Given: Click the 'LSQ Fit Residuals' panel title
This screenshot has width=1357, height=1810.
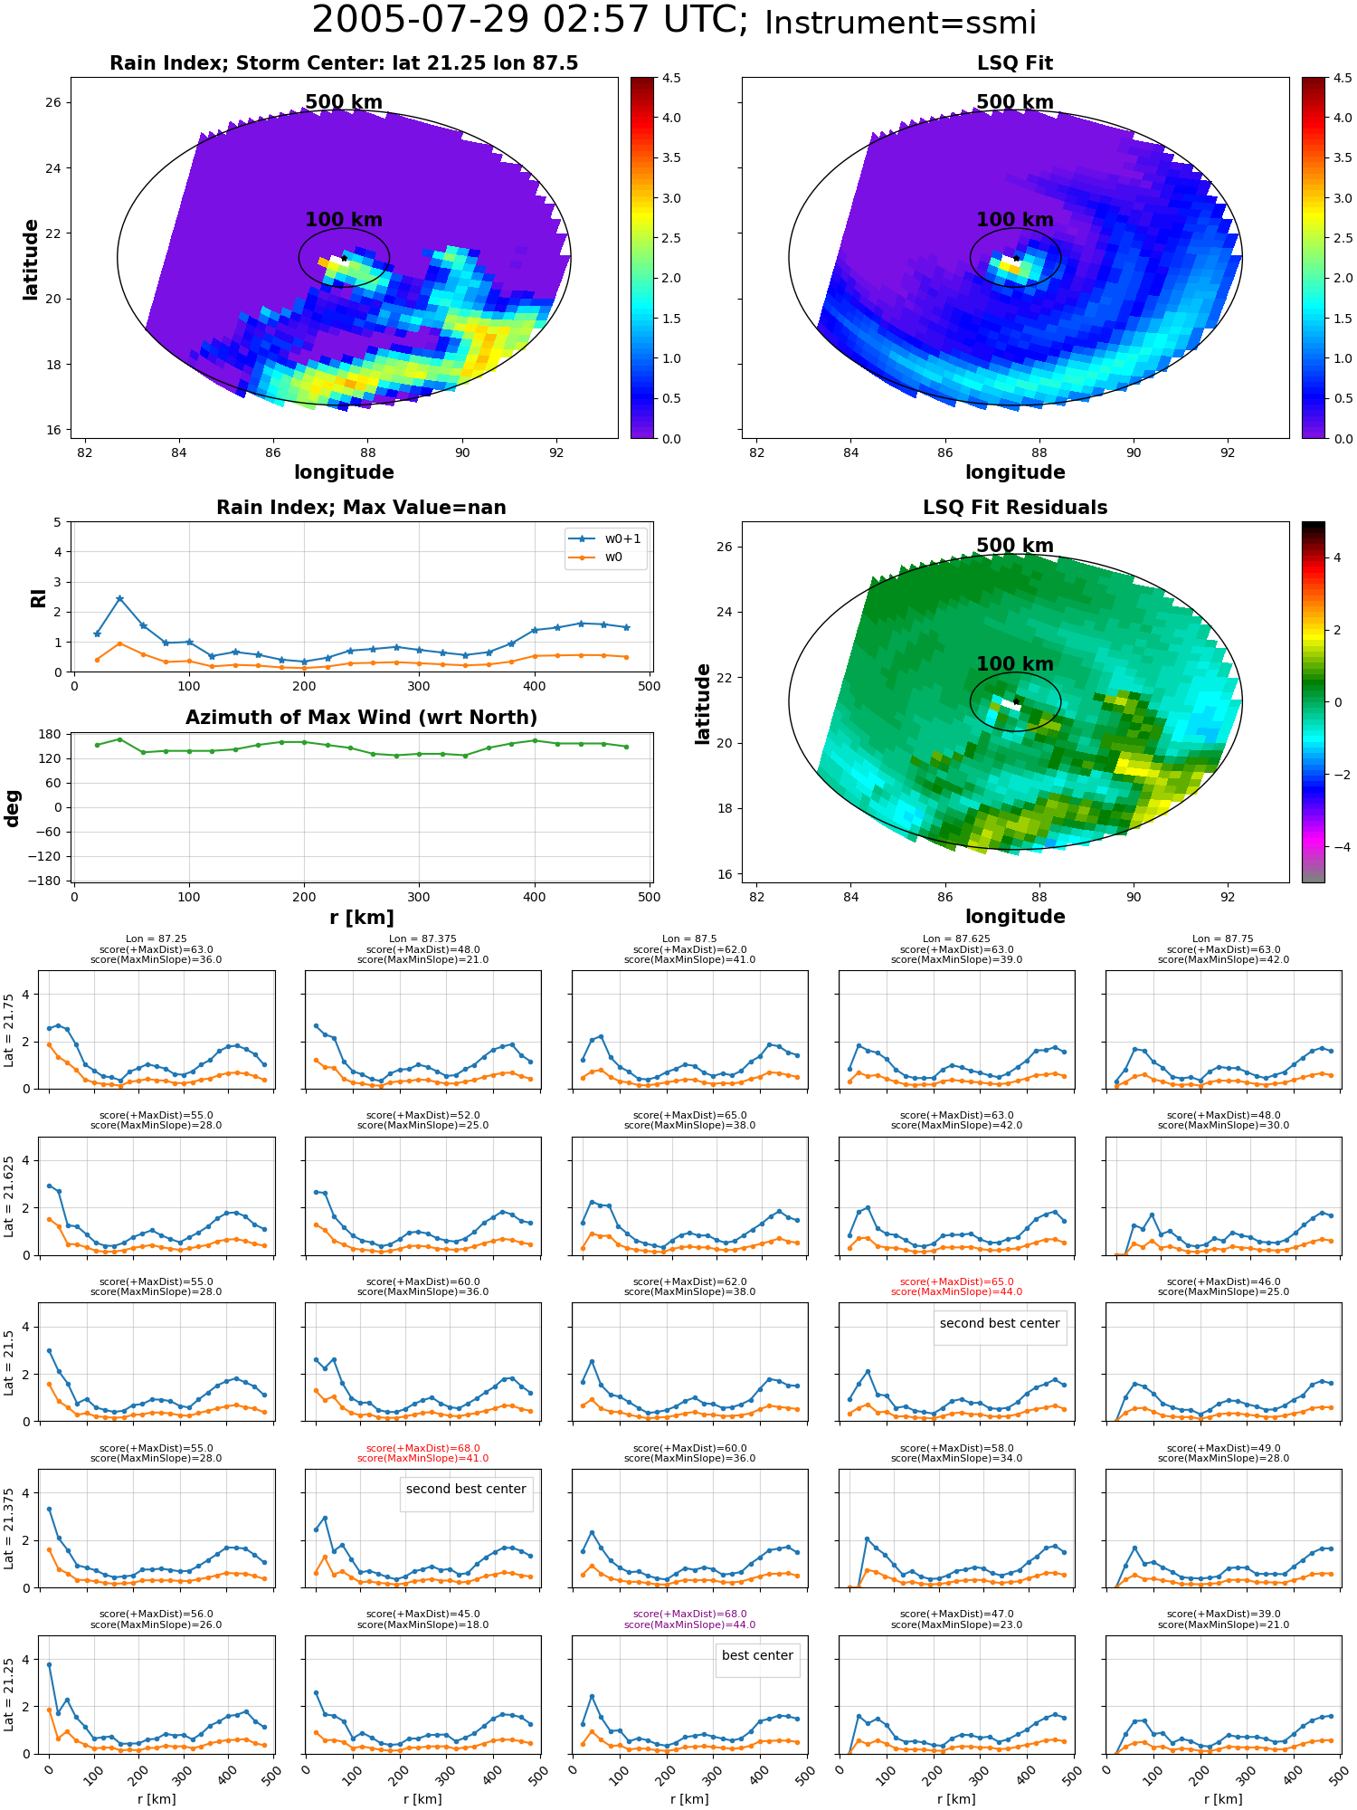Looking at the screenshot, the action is [x=1015, y=508].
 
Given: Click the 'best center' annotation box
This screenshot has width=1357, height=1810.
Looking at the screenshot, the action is [x=757, y=1655].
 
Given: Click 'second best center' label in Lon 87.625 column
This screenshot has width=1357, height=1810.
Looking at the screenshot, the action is [x=1000, y=1323].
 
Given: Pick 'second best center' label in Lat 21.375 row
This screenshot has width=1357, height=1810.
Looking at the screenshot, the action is [x=466, y=1489].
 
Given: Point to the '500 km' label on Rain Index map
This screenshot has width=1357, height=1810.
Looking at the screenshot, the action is [x=344, y=102].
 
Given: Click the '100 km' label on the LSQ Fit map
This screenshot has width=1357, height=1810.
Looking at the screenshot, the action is [x=1015, y=220].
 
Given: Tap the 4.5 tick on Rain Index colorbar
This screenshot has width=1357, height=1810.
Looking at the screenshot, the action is [x=671, y=78].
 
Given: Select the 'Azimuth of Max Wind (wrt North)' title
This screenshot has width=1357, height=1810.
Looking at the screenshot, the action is [x=362, y=718].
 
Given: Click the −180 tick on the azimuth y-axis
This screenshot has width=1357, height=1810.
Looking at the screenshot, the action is [x=50, y=881].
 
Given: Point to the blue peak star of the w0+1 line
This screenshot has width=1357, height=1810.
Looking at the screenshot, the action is [x=119, y=598].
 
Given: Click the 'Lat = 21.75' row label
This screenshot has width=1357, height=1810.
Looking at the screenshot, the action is [x=10, y=1030].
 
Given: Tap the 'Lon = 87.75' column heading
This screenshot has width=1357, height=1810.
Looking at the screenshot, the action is [x=1227, y=938].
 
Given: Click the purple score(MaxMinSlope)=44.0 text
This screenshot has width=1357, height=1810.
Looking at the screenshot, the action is [x=689, y=1624].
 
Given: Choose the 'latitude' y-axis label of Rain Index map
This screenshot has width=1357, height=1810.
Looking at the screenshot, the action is [x=31, y=259].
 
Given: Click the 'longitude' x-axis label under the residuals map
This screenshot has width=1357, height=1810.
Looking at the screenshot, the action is [x=1015, y=917].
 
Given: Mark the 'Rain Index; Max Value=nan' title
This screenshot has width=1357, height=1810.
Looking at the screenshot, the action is [x=362, y=508].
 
